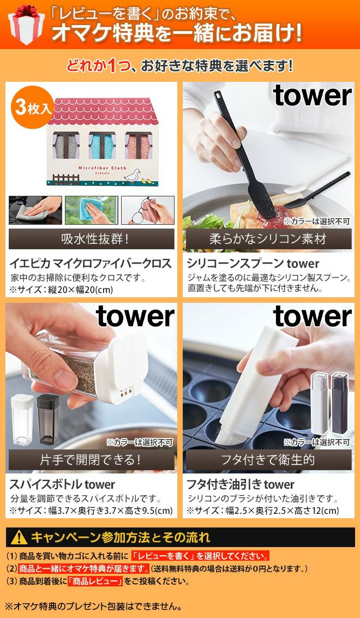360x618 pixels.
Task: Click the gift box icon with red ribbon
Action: coord(26,25)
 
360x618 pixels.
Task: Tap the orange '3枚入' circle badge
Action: coord(33,107)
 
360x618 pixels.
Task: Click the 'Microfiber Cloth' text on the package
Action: coord(102,168)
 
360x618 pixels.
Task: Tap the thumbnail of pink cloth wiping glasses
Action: coord(147,210)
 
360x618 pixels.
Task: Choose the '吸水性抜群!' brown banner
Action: coord(92,239)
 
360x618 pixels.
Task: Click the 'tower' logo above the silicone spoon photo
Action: coord(312,95)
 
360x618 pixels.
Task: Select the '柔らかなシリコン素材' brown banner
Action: coord(269,239)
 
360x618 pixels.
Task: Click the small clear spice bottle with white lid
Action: coord(22,419)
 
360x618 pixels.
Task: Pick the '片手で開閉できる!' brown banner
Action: coord(92,460)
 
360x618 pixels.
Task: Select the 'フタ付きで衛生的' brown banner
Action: coord(269,460)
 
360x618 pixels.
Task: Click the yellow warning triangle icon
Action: coord(19,537)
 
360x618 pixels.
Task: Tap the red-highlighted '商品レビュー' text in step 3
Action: coord(94,581)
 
